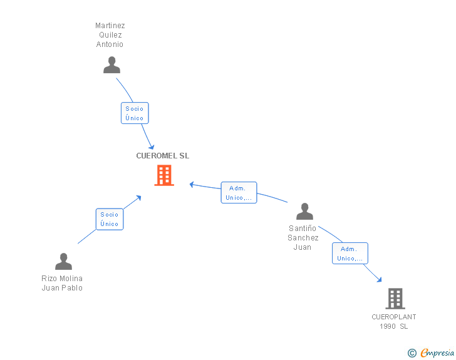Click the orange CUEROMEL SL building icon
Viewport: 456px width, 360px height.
point(163,175)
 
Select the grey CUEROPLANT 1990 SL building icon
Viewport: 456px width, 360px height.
point(395,299)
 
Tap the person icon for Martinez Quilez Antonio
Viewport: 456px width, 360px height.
point(111,65)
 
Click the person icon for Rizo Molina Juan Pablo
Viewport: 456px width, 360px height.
point(63,262)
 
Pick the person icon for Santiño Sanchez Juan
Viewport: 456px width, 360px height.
point(304,212)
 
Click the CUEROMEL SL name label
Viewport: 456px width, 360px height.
point(163,156)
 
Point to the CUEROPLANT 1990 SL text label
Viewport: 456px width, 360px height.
point(394,321)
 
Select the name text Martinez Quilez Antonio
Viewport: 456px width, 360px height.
point(110,35)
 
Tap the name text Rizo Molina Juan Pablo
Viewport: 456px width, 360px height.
point(62,283)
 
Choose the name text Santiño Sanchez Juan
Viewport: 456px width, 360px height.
point(303,238)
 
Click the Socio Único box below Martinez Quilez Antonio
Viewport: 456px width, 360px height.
point(135,113)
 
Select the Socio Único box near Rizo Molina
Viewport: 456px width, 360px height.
point(110,219)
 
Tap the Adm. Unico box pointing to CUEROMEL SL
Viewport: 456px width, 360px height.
point(239,193)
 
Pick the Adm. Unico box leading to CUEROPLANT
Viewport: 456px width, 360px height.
point(350,254)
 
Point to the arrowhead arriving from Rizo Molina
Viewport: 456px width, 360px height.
point(138,198)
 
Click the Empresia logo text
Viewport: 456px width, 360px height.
point(437,353)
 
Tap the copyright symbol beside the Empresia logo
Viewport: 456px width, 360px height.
point(412,354)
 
